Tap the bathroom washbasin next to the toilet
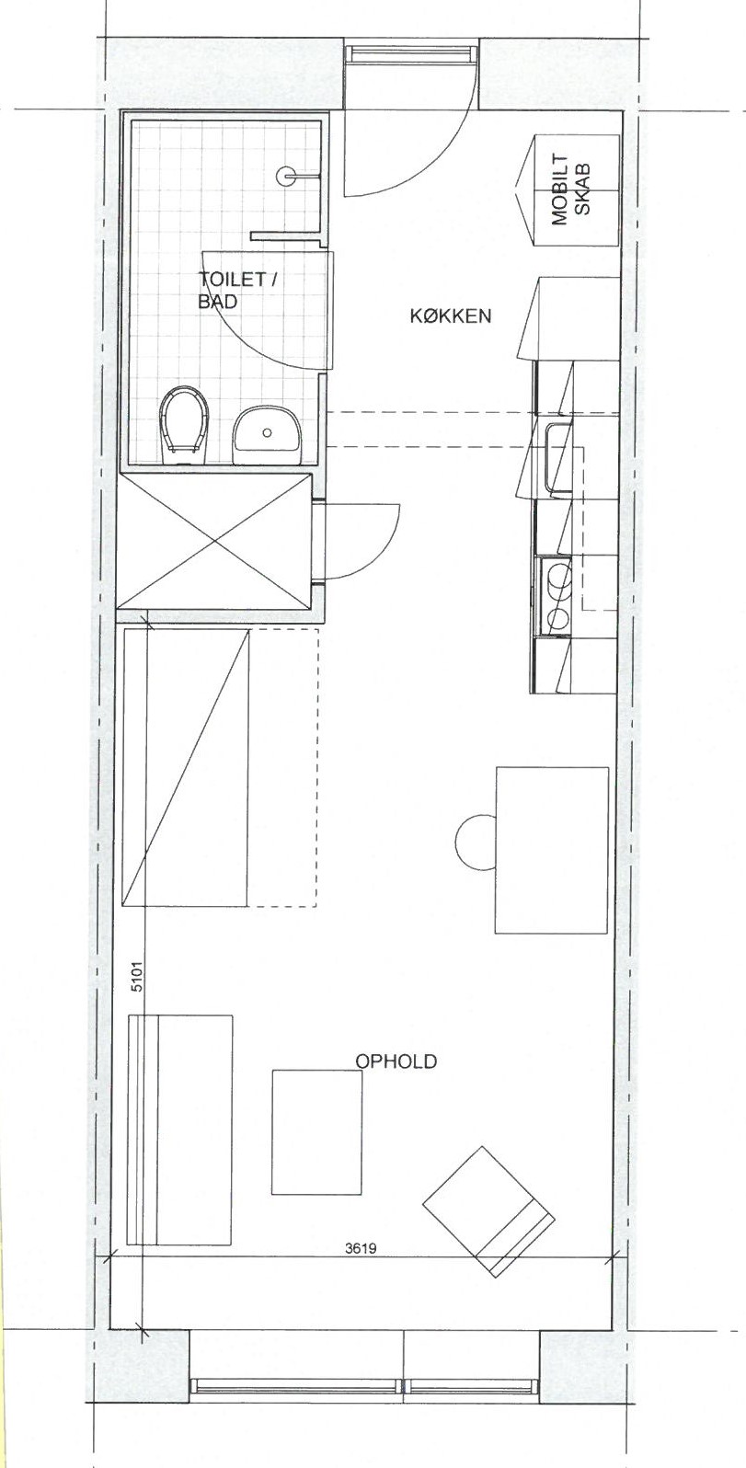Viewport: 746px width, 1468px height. point(267,431)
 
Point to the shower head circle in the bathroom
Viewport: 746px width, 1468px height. point(286,176)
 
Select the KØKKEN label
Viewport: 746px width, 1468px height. point(451,316)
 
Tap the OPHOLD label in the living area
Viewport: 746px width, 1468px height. point(396,1061)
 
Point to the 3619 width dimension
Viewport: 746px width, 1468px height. point(361,1248)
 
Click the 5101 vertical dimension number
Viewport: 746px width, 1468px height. point(137,980)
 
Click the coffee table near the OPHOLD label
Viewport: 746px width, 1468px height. point(317,1131)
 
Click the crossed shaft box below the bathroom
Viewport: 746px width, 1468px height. point(214,544)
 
